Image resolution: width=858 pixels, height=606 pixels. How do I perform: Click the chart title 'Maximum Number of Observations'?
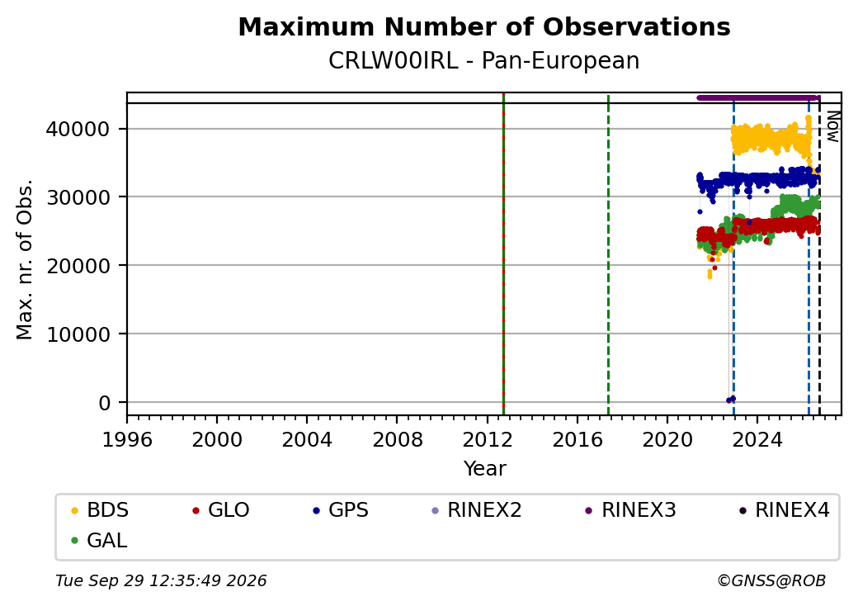tap(484, 26)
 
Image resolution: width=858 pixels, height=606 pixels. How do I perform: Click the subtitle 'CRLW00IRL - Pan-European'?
tap(484, 61)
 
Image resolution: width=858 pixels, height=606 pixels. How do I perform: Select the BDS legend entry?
tap(100, 510)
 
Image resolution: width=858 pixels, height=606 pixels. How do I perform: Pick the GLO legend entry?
tap(221, 510)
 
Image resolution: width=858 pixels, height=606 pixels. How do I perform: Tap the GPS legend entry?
tap(341, 510)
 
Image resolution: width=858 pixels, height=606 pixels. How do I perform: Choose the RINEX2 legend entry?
tap(477, 510)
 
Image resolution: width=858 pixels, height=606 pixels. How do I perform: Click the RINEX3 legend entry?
tap(631, 510)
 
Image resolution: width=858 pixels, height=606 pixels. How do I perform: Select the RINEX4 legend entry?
tap(784, 510)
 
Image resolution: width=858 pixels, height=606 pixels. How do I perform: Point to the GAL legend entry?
tap(100, 540)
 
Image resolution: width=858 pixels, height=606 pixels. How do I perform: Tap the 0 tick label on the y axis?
tap(105, 403)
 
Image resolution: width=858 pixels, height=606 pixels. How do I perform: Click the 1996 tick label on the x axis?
tap(127, 439)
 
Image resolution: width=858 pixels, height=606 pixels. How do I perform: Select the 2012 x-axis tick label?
tap(487, 439)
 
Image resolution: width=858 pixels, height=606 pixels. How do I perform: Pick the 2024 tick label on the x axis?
tap(757, 439)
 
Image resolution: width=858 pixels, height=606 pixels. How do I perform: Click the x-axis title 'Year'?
tap(485, 469)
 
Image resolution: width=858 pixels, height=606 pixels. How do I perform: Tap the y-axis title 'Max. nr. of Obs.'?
tap(25, 259)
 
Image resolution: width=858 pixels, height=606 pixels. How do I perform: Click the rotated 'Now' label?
tap(832, 126)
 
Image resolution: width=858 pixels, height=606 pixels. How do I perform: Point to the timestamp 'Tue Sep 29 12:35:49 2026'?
tap(161, 580)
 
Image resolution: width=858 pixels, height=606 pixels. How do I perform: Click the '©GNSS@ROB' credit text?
tap(771, 580)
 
